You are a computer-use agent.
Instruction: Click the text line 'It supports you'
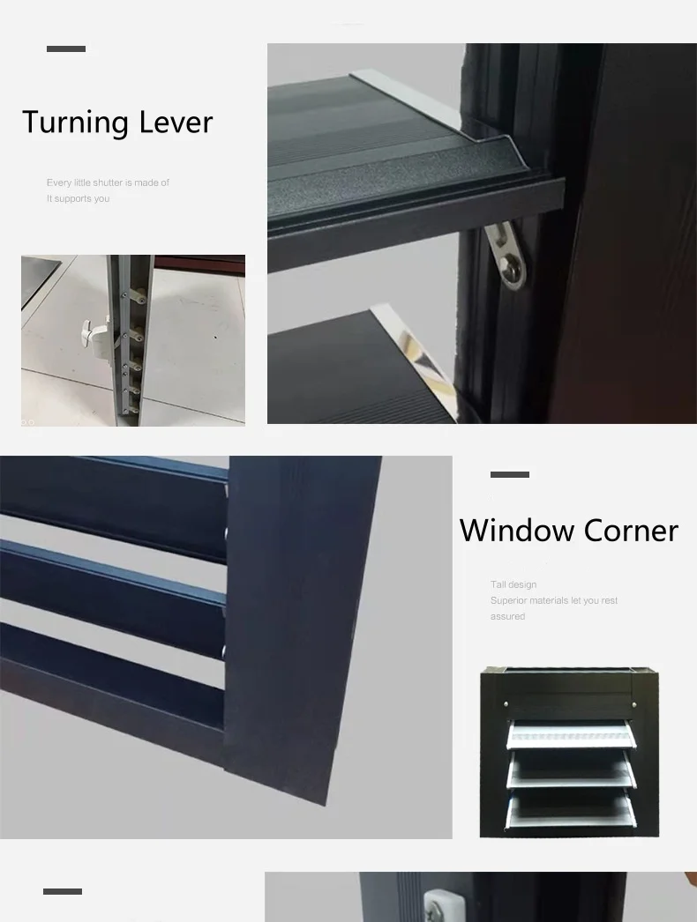[x=79, y=198]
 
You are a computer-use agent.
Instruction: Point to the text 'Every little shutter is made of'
[x=108, y=182]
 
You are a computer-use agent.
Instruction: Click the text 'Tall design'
[x=513, y=584]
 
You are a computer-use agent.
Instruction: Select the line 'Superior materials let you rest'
[x=554, y=600]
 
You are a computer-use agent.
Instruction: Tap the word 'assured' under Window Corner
[x=507, y=616]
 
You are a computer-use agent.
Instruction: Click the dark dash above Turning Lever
[x=66, y=49]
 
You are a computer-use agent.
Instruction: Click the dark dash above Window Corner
[x=510, y=475]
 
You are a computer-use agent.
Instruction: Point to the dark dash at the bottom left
[x=63, y=892]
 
